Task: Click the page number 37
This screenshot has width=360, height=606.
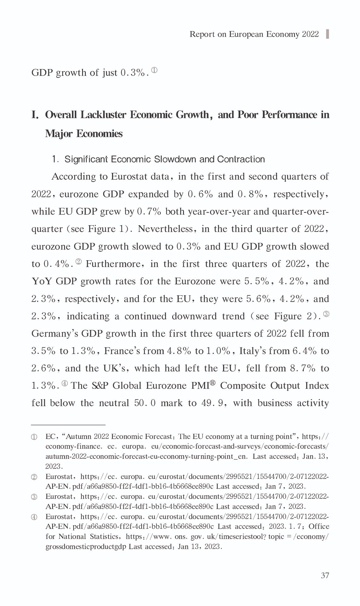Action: point(325,575)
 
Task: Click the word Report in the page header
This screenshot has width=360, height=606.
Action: point(202,34)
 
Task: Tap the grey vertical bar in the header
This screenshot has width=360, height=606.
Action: point(328,34)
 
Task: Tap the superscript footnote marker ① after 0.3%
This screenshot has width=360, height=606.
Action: point(154,70)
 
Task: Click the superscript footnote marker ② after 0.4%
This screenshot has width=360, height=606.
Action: point(79,262)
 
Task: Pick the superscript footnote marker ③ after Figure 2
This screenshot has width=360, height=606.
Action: point(326,314)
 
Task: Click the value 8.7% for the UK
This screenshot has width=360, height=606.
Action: point(304,368)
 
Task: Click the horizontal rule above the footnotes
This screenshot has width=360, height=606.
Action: point(68,425)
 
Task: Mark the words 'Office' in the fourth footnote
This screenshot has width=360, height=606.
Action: point(319,527)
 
